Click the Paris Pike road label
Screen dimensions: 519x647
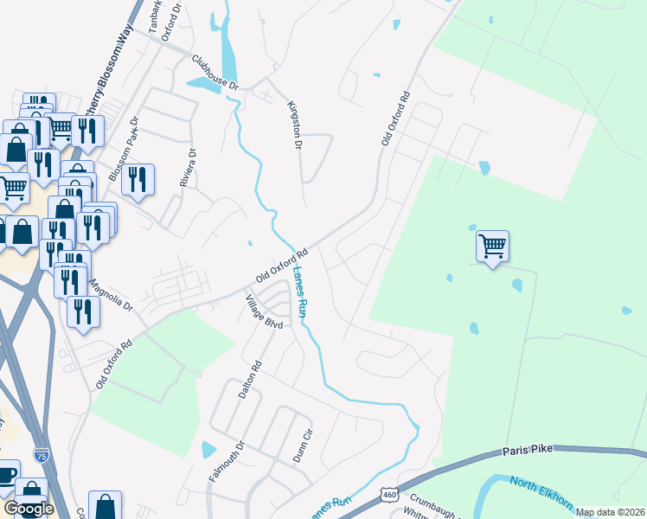(x=528, y=451)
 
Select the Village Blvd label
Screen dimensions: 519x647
(x=264, y=311)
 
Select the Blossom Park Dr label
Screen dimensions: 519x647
(x=123, y=150)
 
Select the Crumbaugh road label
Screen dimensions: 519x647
(x=432, y=501)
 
